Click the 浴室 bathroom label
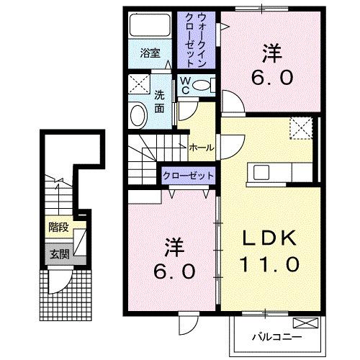[x=150, y=53]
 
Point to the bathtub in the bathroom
[x=150, y=27]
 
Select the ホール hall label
[x=201, y=148]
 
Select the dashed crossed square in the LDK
[x=298, y=128]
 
